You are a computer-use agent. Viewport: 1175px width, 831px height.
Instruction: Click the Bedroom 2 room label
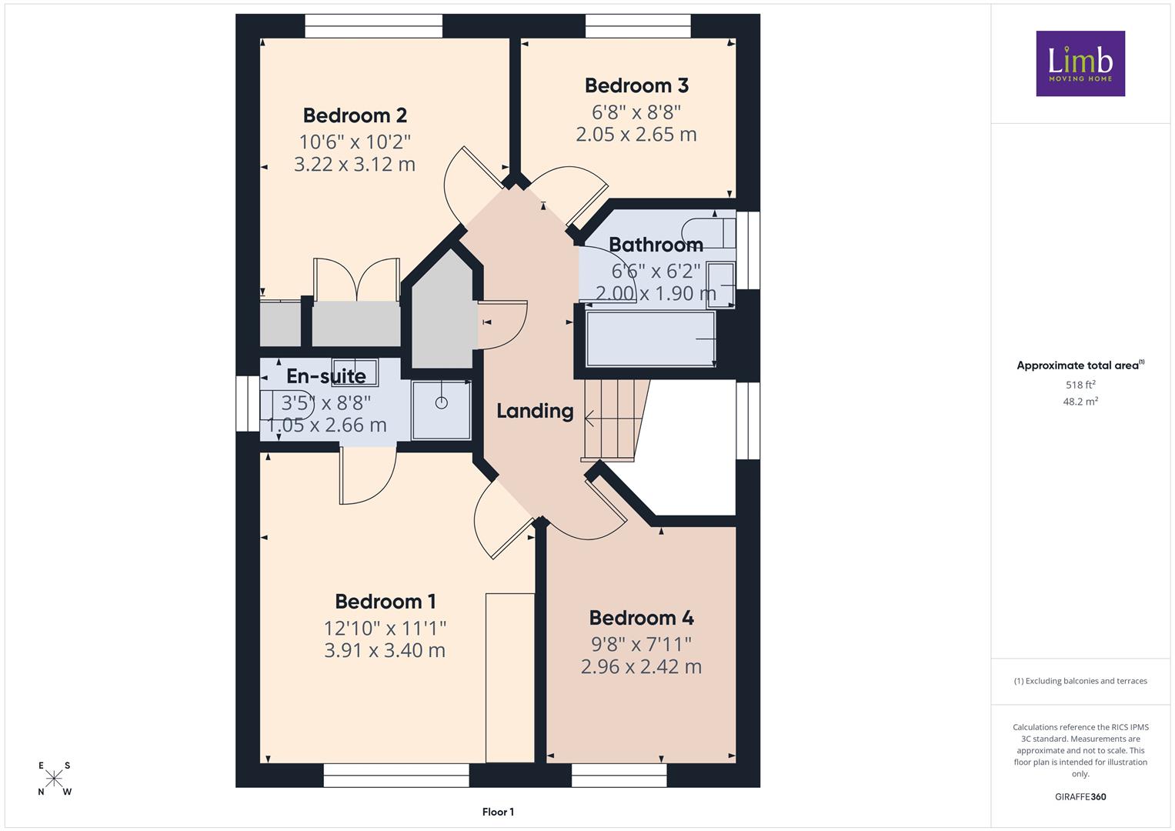coord(355,115)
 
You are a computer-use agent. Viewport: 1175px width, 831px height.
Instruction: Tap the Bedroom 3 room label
coord(636,85)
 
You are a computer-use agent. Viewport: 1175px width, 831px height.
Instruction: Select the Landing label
coord(535,412)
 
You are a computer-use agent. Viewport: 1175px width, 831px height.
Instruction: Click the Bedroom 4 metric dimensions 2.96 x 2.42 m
coord(641,666)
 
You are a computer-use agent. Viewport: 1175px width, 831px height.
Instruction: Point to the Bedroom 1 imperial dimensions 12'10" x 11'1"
coord(385,627)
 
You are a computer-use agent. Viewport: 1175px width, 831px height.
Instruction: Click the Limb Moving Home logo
coord(1080,63)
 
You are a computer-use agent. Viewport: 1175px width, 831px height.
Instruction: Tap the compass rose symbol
coord(54,779)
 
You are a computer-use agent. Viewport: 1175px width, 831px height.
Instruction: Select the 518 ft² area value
coord(1080,385)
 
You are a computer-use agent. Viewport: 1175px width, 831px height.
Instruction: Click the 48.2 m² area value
coord(1080,402)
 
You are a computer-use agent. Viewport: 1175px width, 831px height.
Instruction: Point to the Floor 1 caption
coord(498,812)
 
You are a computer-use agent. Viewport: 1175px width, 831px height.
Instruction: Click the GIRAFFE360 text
coord(1080,797)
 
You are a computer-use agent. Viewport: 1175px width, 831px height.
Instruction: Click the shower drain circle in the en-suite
coord(442,403)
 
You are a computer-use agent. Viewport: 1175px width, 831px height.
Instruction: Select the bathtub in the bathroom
coord(650,339)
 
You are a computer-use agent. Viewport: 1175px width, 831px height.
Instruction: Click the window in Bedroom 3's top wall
coord(638,25)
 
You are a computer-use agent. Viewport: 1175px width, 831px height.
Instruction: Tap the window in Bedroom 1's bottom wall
coord(396,775)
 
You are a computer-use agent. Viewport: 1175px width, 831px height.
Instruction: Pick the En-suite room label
coord(325,376)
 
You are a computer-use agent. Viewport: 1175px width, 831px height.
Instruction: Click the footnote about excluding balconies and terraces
coord(1080,681)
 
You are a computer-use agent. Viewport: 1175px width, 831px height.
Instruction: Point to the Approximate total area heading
coord(1080,365)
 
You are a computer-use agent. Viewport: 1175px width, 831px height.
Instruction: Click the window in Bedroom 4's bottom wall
coord(619,775)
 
